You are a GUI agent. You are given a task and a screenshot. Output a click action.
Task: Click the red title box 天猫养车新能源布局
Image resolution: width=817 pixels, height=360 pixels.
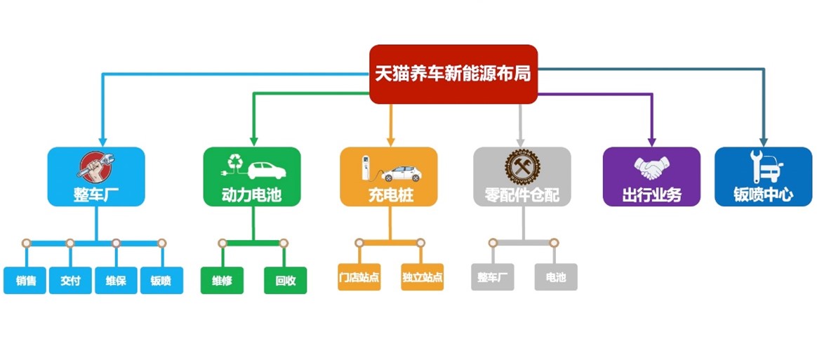coord(453,74)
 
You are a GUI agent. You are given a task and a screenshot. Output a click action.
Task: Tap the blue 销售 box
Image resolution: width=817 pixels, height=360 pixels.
coord(25,280)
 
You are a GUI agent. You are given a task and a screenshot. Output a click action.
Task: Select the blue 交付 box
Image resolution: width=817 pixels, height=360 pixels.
coord(70,280)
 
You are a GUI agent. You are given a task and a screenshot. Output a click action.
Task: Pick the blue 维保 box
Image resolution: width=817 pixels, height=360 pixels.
coord(117,280)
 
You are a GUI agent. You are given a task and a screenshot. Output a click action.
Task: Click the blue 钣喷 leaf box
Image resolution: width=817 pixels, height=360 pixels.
coord(161,280)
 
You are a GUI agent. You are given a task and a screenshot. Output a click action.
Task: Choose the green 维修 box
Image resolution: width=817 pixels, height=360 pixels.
coord(222,280)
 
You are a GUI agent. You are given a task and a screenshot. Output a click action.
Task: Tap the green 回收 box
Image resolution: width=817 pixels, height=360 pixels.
coord(286,280)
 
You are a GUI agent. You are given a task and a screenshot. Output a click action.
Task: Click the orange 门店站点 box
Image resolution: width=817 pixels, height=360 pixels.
coord(359,276)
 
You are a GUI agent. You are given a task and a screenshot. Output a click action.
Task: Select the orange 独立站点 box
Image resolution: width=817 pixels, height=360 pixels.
coord(422,276)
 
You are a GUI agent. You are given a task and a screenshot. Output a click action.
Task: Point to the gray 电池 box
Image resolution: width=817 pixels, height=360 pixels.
coord(556,276)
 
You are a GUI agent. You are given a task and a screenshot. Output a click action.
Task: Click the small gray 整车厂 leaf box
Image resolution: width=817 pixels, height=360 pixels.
coord(493,276)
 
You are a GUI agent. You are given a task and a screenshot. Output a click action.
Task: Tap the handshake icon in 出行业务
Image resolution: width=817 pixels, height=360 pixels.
coord(651,168)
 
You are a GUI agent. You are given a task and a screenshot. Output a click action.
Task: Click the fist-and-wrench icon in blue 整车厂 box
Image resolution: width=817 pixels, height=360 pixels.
coord(95,167)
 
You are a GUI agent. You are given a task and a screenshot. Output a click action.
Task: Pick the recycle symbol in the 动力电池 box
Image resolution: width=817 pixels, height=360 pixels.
coord(235,161)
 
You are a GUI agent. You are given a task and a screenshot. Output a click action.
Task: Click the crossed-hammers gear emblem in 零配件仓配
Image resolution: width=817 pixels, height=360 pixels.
coord(522,166)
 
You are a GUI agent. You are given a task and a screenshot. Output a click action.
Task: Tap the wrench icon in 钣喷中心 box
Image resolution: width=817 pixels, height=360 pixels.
coord(756,166)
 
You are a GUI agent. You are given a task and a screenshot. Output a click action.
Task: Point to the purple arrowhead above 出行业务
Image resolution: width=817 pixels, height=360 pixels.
coord(651,142)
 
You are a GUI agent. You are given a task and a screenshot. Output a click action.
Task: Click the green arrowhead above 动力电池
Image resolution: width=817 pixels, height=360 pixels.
coord(254,142)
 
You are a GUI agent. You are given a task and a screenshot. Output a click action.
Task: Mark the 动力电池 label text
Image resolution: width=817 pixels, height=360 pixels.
coord(252,195)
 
